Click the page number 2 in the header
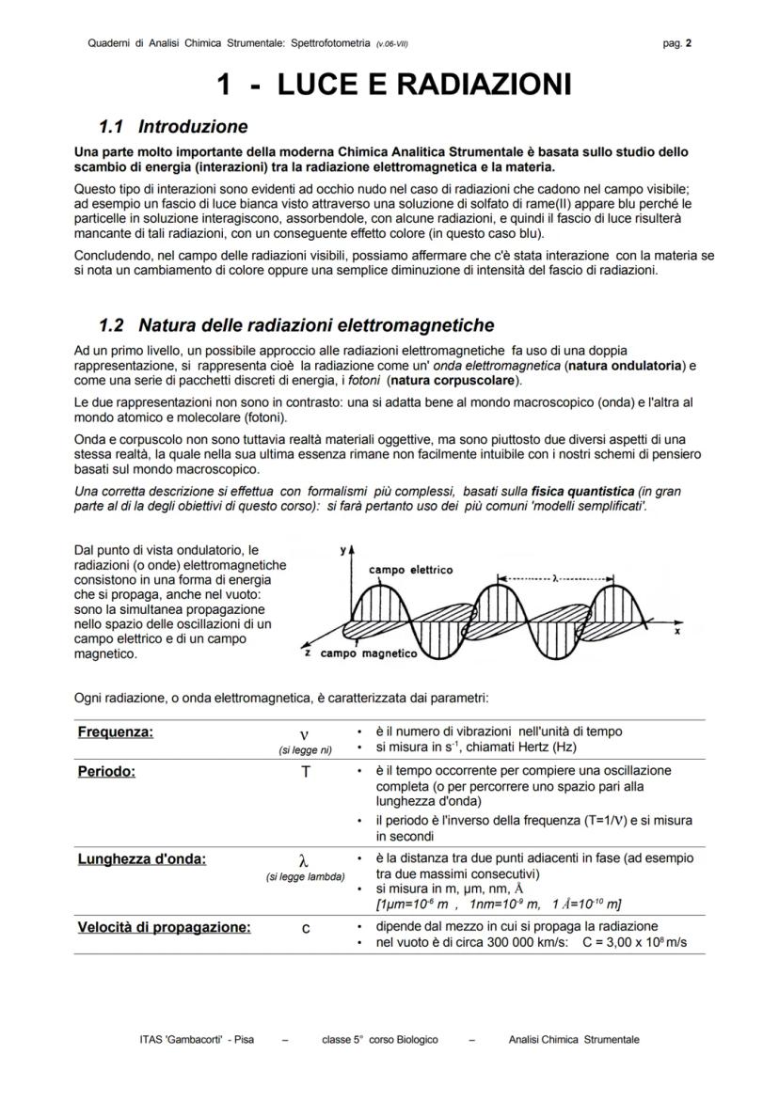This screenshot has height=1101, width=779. [690, 42]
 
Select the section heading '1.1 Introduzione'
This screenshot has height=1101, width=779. [174, 126]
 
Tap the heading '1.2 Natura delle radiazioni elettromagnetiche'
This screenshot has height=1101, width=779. [296, 325]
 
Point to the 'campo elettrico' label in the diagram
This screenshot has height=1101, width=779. [410, 570]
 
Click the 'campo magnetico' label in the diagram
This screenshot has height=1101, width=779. [367, 653]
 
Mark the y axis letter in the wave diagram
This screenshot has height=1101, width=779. [344, 548]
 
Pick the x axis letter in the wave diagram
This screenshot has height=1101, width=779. [676, 632]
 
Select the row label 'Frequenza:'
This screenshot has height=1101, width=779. [116, 732]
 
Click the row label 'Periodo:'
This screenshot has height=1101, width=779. [106, 771]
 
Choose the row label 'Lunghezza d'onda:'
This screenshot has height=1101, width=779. [142, 858]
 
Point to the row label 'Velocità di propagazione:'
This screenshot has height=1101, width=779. [164, 927]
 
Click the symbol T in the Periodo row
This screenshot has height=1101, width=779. [304, 771]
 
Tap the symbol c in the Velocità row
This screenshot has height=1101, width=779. [305, 927]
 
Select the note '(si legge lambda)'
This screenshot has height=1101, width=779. [305, 877]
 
